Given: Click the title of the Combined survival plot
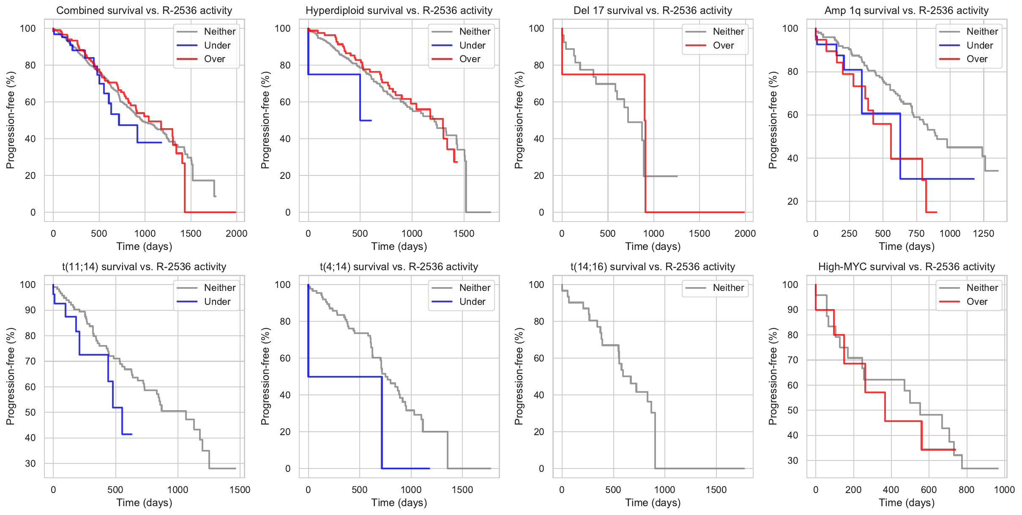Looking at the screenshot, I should (144, 11).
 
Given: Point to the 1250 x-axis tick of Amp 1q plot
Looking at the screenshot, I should (984, 233).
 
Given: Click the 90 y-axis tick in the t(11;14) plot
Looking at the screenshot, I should (30, 310).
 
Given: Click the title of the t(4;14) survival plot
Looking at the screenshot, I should (399, 267).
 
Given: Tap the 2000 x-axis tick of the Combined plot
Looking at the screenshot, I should (236, 233).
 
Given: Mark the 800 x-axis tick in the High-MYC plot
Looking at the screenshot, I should (967, 490).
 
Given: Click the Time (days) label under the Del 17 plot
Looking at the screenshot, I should (653, 247).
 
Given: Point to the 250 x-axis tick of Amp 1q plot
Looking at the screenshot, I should (849, 233).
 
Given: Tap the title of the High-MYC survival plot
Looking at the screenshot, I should (906, 267).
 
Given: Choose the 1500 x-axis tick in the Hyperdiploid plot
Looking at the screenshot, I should (464, 233).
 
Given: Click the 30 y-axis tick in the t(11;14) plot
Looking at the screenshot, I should (30, 463).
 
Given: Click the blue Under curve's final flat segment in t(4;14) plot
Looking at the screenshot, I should (406, 468).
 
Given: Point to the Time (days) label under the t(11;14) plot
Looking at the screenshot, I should (144, 503).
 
